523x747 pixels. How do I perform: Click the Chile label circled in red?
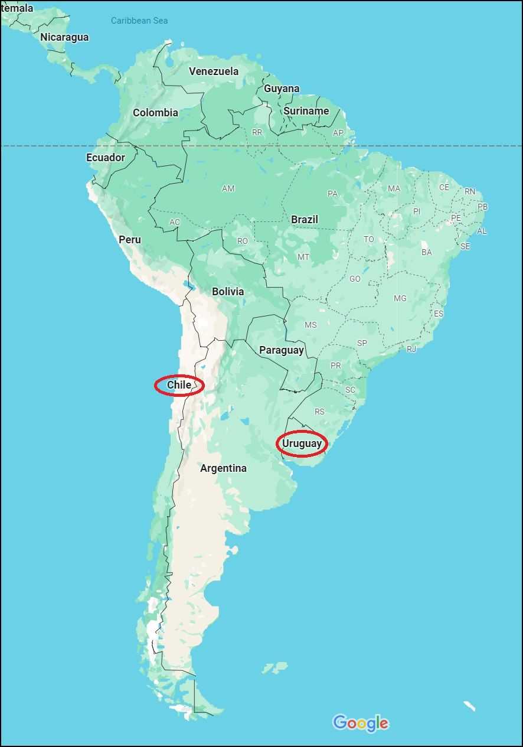click(x=179, y=385)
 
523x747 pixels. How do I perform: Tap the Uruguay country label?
click(x=302, y=443)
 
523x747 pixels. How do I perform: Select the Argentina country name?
click(x=223, y=468)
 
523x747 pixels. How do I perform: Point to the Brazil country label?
click(x=305, y=219)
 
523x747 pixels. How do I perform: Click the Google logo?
click(x=361, y=723)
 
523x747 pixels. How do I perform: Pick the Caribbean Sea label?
click(x=139, y=21)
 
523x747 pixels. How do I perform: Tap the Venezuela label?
click(x=214, y=71)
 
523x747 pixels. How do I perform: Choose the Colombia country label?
click(x=155, y=113)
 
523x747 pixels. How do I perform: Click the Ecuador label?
click(x=106, y=158)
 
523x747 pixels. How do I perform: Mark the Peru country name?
click(x=130, y=239)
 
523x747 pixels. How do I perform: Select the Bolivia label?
click(x=228, y=292)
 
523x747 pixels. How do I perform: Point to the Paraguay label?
click(x=282, y=350)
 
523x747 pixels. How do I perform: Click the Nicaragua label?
click(x=64, y=37)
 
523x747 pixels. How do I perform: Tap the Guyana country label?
click(x=282, y=89)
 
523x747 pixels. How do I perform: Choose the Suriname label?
click(x=306, y=111)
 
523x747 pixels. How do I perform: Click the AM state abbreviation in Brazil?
click(x=228, y=189)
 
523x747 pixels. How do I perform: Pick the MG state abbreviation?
click(x=400, y=298)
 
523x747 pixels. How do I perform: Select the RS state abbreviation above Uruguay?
click(x=319, y=412)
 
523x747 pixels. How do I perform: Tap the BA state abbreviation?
click(x=426, y=252)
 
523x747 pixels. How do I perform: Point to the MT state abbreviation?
click(x=303, y=257)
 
